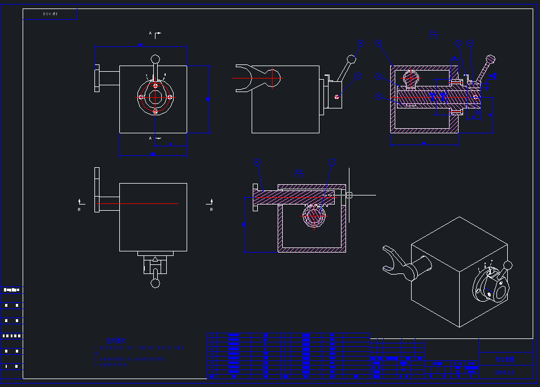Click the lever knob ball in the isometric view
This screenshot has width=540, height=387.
(508, 265)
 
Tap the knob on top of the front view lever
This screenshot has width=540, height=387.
(155, 59)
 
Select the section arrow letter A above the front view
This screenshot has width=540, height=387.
(150, 33)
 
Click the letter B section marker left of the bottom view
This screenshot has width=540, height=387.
(79, 210)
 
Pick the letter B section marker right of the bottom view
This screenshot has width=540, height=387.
(211, 210)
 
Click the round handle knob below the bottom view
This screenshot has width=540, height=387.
(155, 283)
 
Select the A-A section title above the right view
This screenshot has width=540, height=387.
(434, 33)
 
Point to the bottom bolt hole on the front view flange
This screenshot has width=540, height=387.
(155, 111)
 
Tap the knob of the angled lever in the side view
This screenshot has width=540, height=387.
(352, 58)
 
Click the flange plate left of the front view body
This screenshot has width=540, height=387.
(97, 79)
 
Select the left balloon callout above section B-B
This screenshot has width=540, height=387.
(258, 163)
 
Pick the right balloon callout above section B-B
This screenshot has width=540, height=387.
(332, 163)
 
